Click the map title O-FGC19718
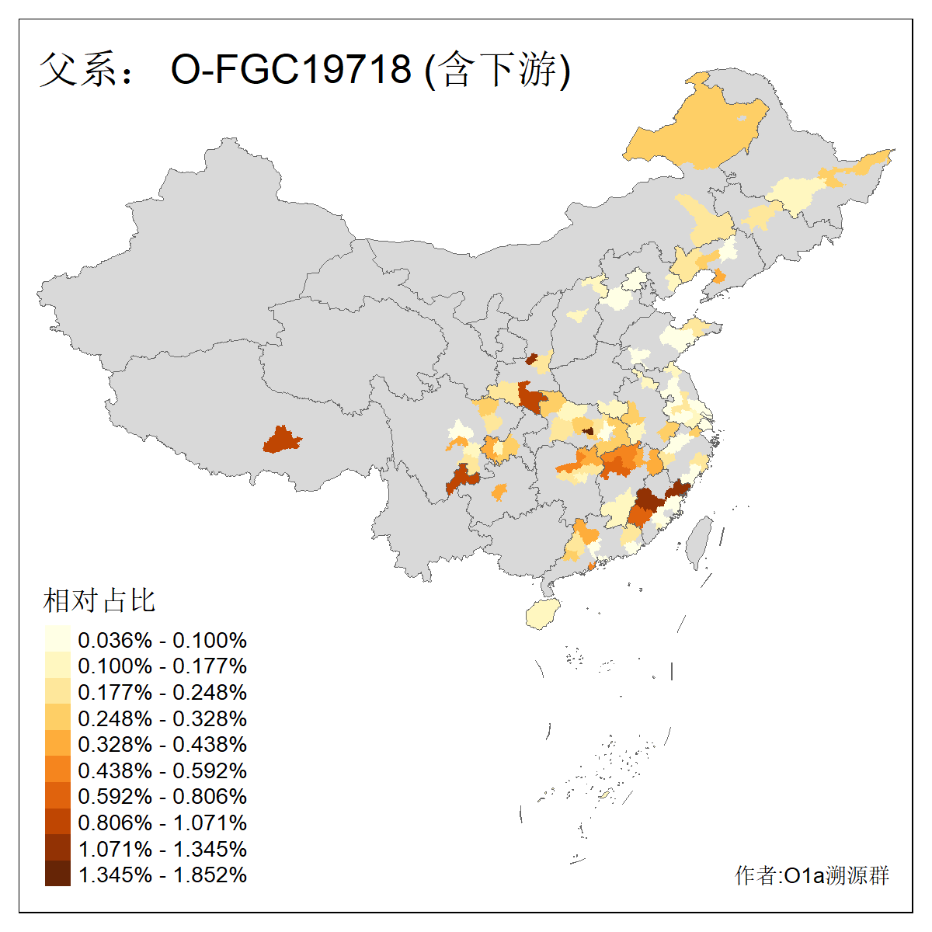(290, 69)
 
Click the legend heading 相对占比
(99, 600)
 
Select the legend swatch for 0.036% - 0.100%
(57, 639)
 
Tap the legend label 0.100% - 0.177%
(162, 666)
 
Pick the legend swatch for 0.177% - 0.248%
(57, 692)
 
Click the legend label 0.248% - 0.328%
(162, 718)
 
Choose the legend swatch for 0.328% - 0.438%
(57, 744)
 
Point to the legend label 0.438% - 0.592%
(162, 770)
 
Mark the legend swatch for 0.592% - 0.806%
(57, 796)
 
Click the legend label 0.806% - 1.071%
(162, 822)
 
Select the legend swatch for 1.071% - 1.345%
(57, 848)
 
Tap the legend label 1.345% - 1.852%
(162, 875)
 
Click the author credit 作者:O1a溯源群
(812, 875)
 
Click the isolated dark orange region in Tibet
(281, 440)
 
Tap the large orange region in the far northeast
(699, 132)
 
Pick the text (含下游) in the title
(498, 69)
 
